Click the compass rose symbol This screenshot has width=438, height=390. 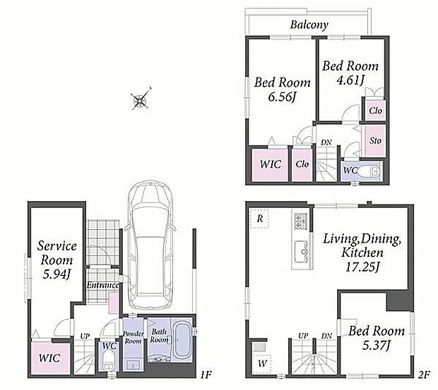click(141, 99)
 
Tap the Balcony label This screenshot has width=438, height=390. click(309, 25)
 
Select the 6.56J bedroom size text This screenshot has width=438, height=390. click(282, 97)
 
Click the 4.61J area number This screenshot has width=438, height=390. click(350, 80)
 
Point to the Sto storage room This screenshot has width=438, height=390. click(375, 140)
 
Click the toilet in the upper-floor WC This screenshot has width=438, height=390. click(368, 171)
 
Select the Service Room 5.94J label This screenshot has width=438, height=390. click(57, 260)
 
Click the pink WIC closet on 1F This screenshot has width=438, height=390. click(50, 358)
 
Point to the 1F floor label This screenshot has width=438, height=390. click(206, 374)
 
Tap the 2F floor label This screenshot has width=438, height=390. click(424, 375)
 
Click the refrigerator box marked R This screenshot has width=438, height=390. click(259, 219)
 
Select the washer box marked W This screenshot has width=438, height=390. click(261, 363)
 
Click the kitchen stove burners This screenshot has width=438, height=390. click(300, 221)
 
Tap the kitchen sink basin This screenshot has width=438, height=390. click(300, 251)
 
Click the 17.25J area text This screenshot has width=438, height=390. click(362, 267)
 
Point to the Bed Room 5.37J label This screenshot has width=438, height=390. click(377, 339)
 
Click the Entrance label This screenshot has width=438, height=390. click(102, 285)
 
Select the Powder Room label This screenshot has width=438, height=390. click(134, 337)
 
